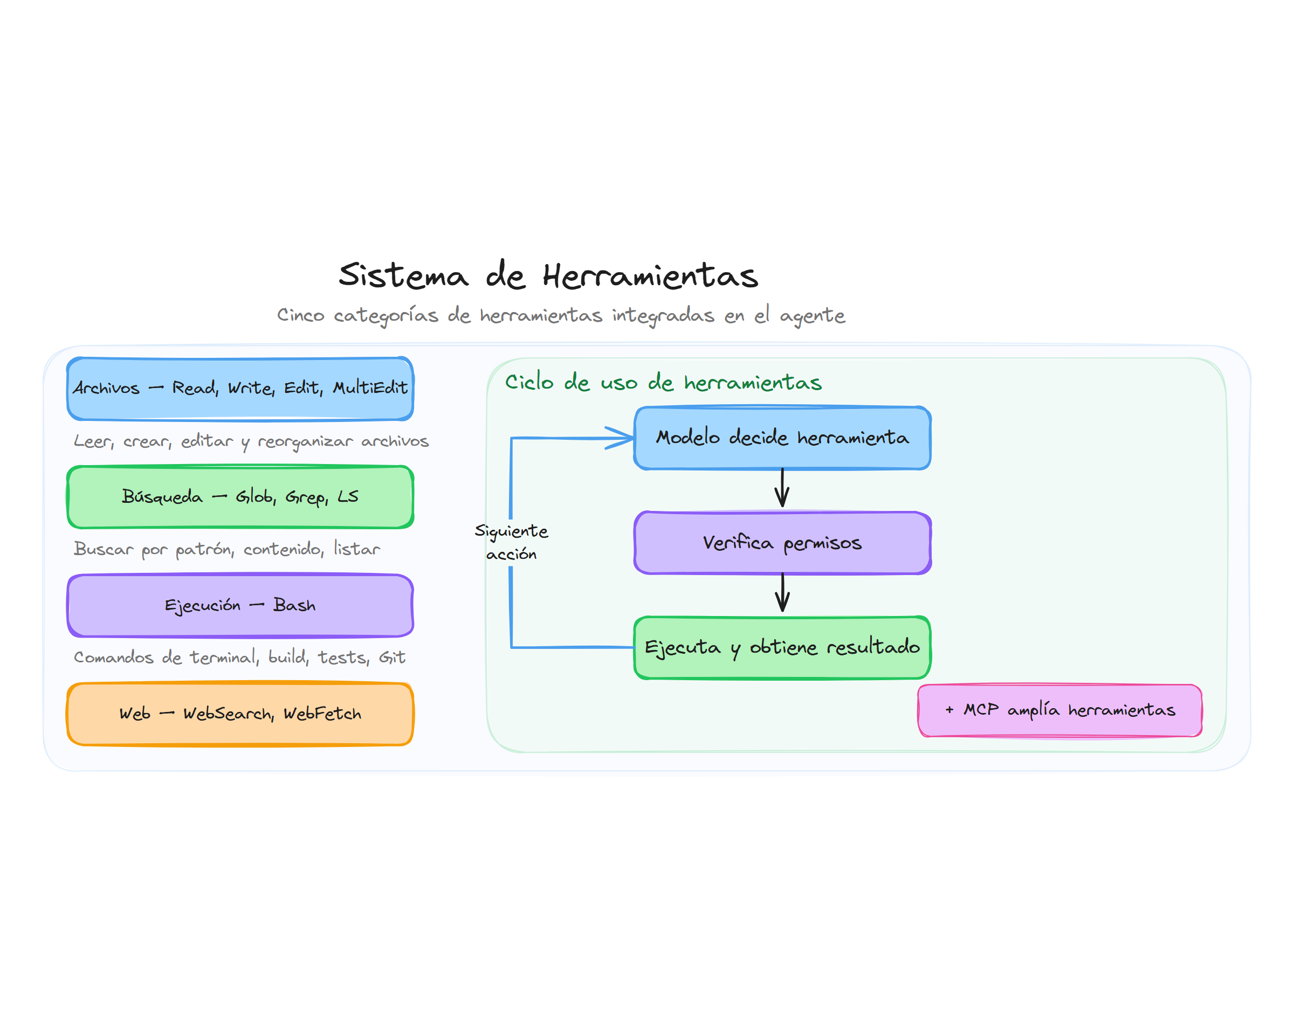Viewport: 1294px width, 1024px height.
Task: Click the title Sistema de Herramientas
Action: (x=548, y=275)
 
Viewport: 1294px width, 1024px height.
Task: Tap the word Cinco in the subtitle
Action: (x=300, y=315)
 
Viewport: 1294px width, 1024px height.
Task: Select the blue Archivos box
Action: (x=240, y=389)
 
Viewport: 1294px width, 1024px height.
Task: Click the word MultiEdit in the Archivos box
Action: (x=370, y=388)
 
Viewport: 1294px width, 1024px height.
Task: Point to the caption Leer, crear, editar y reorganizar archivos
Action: (x=251, y=441)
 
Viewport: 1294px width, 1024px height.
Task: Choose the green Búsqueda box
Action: (x=240, y=497)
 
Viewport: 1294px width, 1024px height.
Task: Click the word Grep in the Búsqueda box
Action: (x=305, y=497)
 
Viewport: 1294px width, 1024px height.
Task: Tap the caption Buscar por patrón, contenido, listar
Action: (x=226, y=549)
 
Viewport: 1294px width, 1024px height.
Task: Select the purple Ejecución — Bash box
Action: (x=240, y=605)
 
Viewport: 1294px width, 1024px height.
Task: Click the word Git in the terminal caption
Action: (x=391, y=658)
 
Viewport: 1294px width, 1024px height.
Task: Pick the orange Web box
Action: (x=240, y=714)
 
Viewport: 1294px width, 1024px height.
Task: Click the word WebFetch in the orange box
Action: (x=322, y=714)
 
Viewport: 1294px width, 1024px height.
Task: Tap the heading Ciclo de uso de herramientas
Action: (x=663, y=382)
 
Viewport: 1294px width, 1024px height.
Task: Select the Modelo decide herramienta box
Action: (x=782, y=438)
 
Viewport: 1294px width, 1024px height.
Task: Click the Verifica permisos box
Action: (x=782, y=543)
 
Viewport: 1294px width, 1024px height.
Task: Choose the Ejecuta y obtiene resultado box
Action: (x=782, y=647)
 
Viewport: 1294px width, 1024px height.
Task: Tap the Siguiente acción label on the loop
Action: (x=511, y=542)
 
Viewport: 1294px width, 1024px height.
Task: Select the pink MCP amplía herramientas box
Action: (x=1059, y=710)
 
